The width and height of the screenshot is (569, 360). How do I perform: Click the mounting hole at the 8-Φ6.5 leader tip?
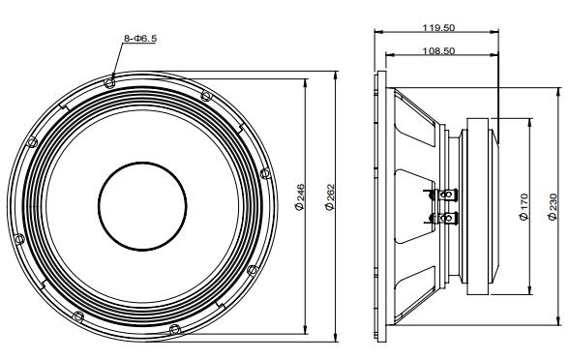click(x=113, y=81)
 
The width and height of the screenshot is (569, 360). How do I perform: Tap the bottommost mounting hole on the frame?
click(x=174, y=329)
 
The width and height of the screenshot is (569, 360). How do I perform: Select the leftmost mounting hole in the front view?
click(x=32, y=143)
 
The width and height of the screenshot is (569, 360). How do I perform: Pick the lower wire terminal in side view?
click(x=446, y=219)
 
